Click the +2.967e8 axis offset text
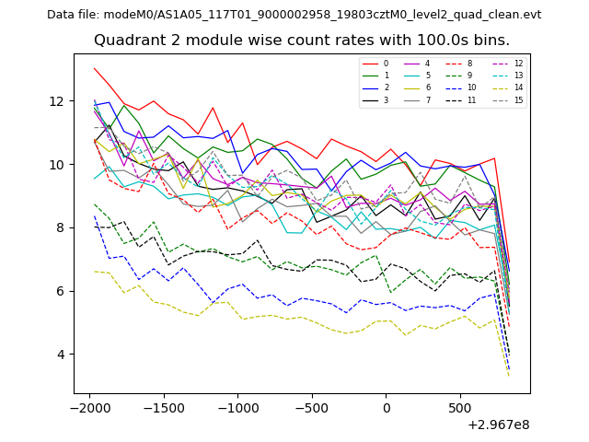click(499, 425)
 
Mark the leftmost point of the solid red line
click(94, 68)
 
